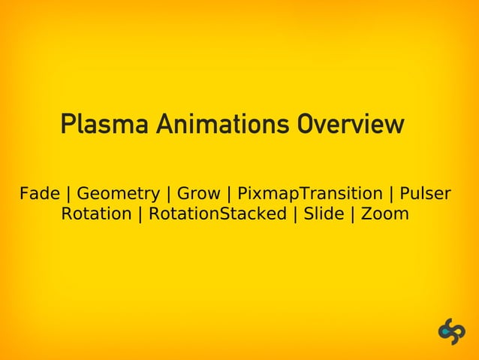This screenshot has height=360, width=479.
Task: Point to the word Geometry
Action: [118, 195]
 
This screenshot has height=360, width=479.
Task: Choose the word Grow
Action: [198, 194]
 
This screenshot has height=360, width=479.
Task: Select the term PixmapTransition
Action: [309, 194]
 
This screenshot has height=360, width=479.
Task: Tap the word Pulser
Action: [425, 194]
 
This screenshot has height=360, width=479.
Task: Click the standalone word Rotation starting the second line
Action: [96, 214]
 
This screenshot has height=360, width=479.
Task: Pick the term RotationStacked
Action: [218, 214]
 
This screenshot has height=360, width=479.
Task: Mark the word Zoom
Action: [385, 214]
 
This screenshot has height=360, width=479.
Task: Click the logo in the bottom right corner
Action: [452, 331]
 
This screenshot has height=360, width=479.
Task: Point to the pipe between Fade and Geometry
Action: [68, 195]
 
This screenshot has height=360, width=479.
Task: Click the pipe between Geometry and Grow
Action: [168, 195]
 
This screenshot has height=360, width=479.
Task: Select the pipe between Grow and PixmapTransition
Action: [228, 195]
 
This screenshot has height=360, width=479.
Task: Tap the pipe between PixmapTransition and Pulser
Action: [391, 195]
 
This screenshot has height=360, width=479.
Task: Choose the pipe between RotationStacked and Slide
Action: [295, 215]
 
